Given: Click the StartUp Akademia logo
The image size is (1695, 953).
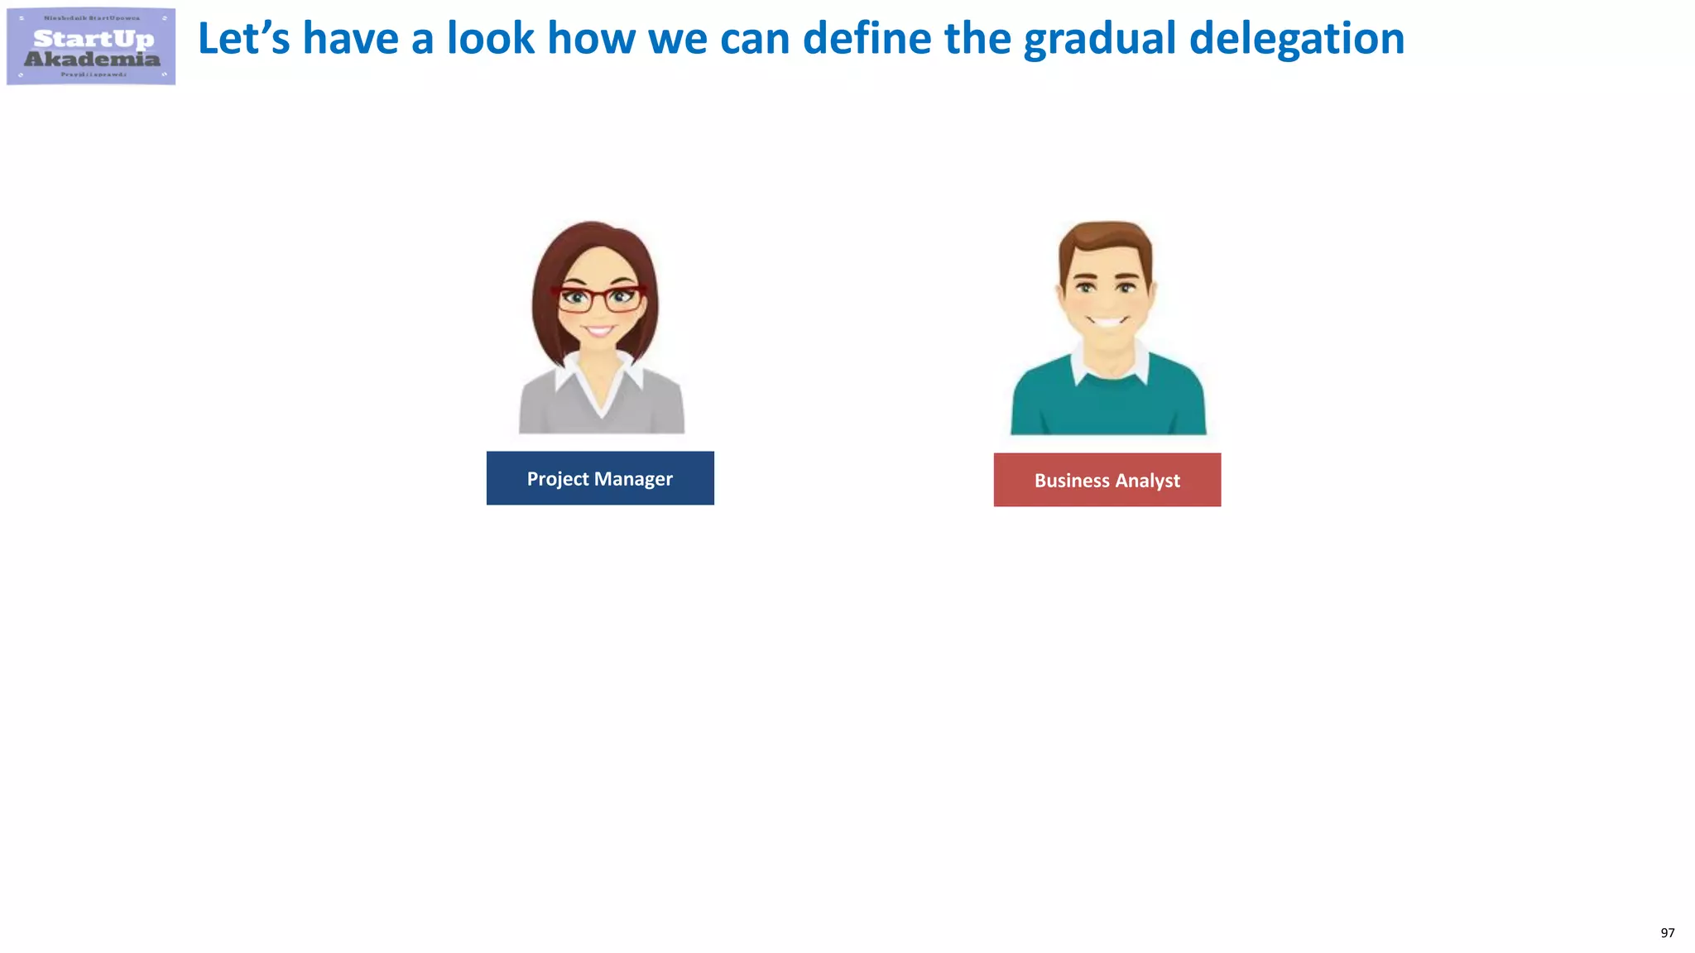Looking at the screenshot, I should coord(91,46).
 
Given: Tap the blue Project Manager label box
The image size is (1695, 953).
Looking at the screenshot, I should coord(600,478).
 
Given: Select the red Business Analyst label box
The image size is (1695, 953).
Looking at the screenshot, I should coord(1107,480).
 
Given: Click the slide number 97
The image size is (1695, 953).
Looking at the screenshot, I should coord(1667,933).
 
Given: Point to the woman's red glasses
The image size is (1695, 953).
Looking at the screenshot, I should coord(600,298).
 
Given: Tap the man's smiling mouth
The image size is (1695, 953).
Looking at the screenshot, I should coord(1107,321).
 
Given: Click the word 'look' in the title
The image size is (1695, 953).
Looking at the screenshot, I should coord(491,39).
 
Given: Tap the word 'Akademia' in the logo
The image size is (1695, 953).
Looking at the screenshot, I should coord(92,60).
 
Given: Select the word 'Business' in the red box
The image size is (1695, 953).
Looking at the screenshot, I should coord(1072,481).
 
